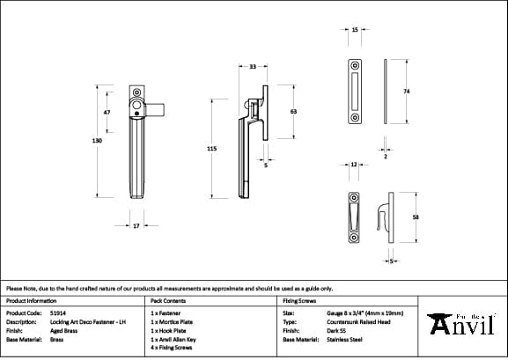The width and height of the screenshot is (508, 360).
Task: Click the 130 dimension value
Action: (x=97, y=141)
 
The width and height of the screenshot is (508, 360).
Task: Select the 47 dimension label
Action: (x=107, y=114)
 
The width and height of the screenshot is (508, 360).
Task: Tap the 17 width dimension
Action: (x=136, y=226)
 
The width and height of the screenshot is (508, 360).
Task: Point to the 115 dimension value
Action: (x=211, y=150)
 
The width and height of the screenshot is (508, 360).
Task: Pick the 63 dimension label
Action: (x=293, y=112)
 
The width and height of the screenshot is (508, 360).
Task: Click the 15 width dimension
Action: (x=354, y=29)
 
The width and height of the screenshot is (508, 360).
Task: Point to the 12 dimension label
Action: (x=353, y=165)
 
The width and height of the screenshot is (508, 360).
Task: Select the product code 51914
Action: (x=59, y=312)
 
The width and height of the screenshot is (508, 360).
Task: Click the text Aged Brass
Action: (x=64, y=330)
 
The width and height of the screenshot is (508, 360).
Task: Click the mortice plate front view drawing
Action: (x=355, y=92)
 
